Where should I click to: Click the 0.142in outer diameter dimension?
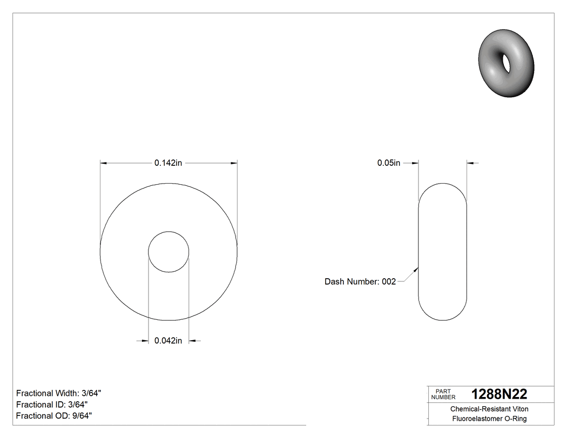coord(168,163)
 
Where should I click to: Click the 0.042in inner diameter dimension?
coord(168,340)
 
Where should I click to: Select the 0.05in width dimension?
coord(389,163)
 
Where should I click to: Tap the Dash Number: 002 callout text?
coord(360,281)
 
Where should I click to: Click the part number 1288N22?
coord(499,394)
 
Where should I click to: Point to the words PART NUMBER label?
coord(443,394)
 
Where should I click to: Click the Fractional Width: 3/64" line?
coord(59,393)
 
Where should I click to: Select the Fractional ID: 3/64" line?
coord(52,405)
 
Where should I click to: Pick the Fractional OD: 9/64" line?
coord(54,415)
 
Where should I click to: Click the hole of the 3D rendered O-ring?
coord(507,62)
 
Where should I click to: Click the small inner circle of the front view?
coord(168,252)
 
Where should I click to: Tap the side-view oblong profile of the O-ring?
coord(443,252)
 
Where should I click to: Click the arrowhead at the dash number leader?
coord(416,267)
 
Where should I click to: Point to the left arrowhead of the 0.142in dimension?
coord(104,163)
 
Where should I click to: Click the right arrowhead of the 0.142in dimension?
coord(234,163)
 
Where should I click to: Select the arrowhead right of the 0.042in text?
coord(192,340)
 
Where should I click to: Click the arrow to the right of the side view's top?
coord(470,163)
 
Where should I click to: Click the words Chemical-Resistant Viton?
coord(489,409)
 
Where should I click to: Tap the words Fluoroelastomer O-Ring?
coord(489,419)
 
